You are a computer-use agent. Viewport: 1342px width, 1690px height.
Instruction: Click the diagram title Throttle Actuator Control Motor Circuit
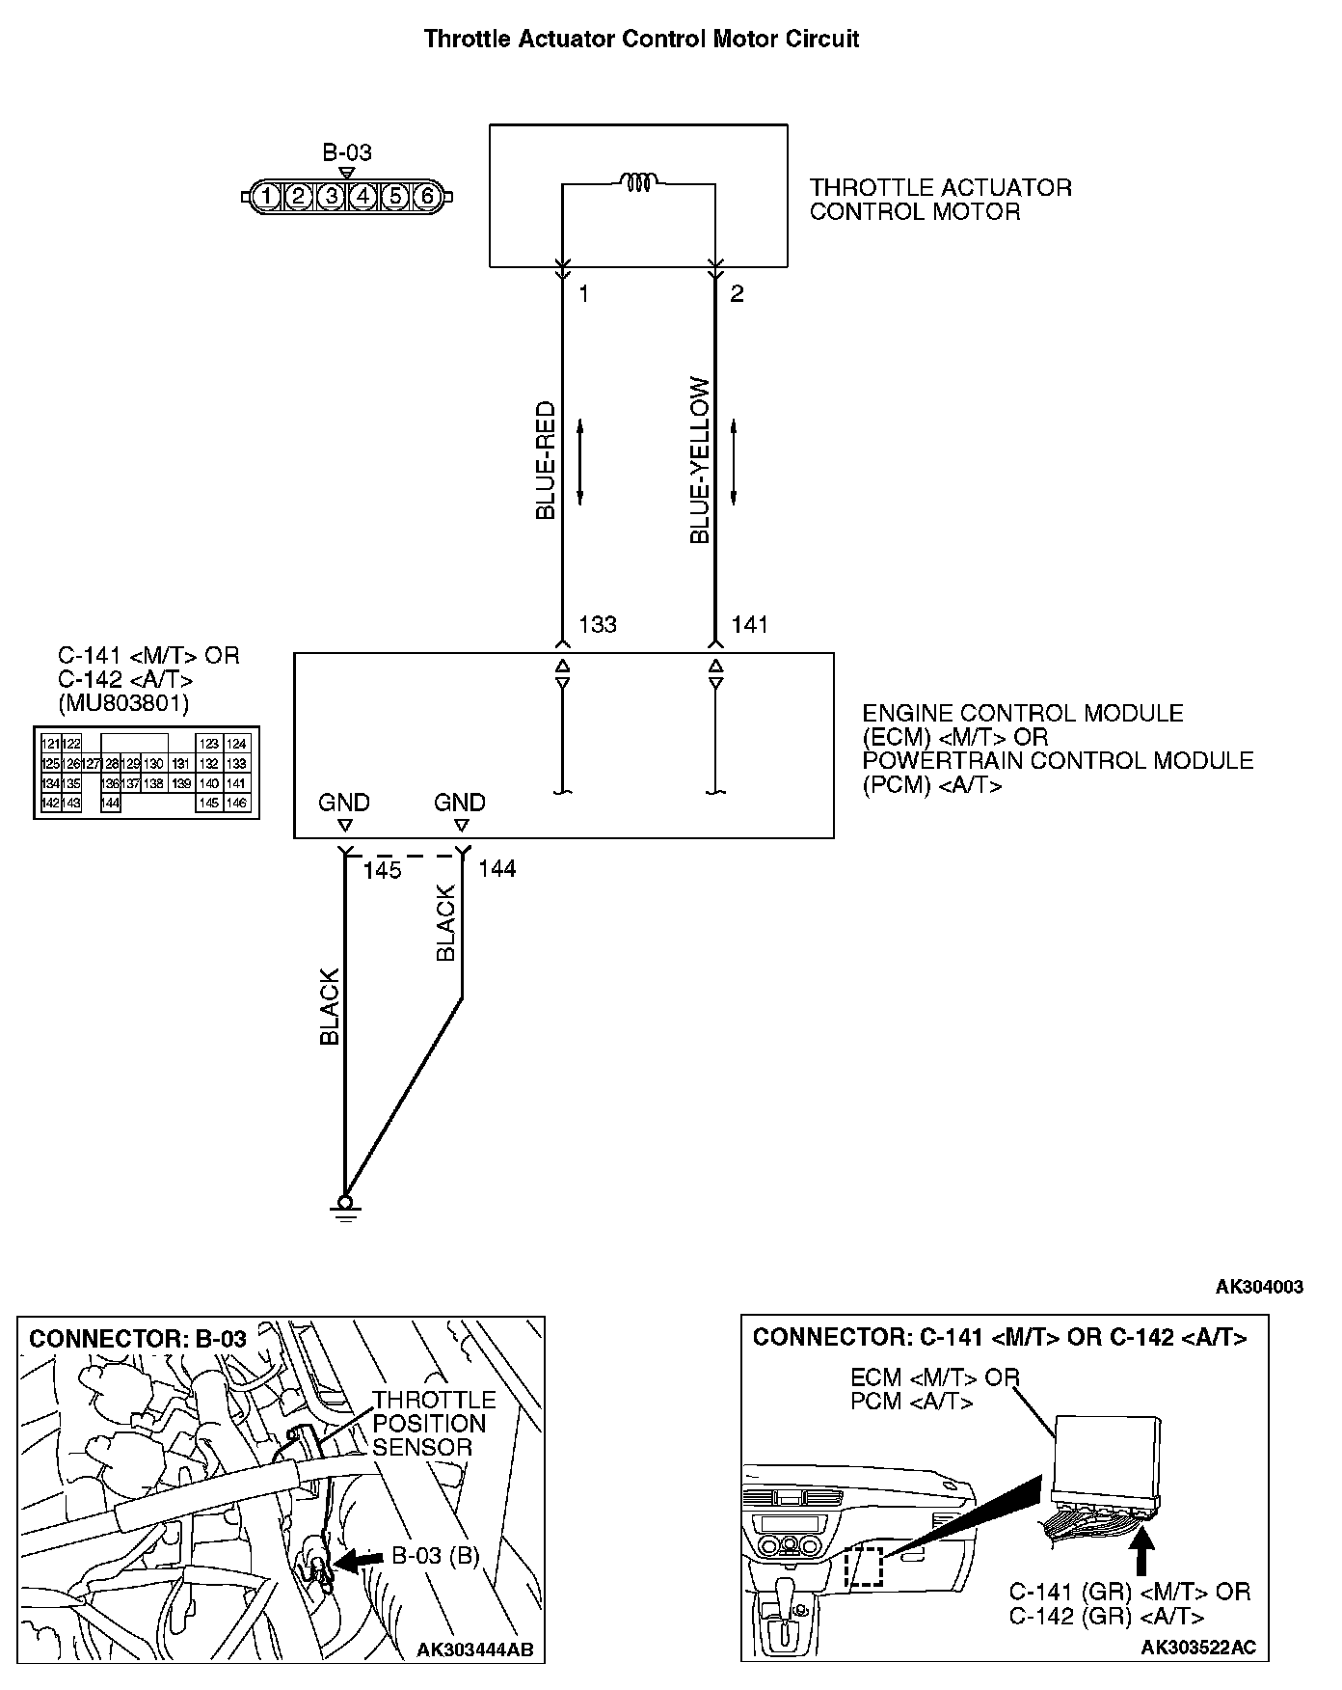[x=641, y=40]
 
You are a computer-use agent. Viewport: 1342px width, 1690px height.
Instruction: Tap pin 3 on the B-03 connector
[x=331, y=197]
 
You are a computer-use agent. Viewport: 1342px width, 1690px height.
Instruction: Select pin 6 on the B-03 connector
[x=427, y=197]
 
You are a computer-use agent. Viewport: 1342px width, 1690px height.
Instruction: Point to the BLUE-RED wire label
[x=546, y=461]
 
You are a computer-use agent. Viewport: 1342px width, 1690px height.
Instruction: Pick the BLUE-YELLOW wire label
[x=700, y=461]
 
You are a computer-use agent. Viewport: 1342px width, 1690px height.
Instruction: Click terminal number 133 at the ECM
[x=597, y=625]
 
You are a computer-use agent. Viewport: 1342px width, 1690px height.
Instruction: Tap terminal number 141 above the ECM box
[x=749, y=625]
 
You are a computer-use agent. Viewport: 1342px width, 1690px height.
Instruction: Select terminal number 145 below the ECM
[x=382, y=870]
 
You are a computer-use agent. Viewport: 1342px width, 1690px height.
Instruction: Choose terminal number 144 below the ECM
[x=497, y=869]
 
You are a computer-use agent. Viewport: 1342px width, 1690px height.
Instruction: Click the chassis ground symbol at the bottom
[x=344, y=1208]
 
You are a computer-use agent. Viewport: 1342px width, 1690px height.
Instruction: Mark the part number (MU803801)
[x=123, y=703]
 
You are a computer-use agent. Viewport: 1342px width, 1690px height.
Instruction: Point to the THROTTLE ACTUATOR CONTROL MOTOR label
[x=940, y=200]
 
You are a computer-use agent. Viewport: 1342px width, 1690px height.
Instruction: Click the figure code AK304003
[x=1259, y=1287]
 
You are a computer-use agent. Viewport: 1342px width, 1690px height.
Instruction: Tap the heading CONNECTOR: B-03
[x=138, y=1339]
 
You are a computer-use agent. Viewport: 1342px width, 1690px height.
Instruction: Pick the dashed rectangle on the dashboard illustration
[x=863, y=1567]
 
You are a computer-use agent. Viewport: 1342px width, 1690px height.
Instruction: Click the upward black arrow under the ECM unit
[x=1142, y=1552]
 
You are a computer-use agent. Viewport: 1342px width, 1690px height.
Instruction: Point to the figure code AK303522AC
[x=1198, y=1648]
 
